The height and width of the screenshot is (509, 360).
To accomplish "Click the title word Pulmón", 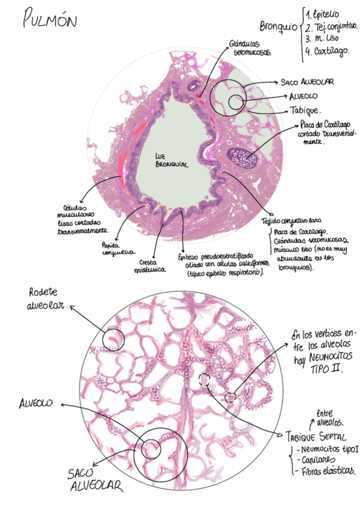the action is click(50, 22).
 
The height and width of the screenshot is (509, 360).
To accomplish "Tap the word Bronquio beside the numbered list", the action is click(278, 27).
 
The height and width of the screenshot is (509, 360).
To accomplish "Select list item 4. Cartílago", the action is click(328, 52).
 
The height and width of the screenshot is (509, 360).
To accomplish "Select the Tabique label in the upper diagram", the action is click(305, 111).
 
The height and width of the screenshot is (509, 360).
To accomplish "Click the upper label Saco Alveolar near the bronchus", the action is click(307, 82).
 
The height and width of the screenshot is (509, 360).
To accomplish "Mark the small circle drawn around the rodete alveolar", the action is click(113, 339).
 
